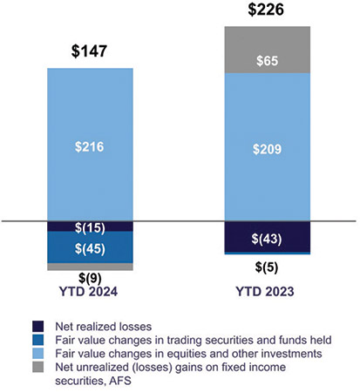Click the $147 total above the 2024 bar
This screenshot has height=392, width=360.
[91, 51]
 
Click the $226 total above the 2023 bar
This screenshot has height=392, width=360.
[267, 11]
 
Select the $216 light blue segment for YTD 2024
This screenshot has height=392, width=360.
[91, 145]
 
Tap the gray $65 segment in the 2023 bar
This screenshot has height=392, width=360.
[267, 61]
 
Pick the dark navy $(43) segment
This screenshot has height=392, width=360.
[267, 237]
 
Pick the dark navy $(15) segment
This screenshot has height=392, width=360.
[91, 227]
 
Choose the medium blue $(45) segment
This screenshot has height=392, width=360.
[91, 248]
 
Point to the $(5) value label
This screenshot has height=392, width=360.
[267, 267]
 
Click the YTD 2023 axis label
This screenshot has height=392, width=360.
[267, 292]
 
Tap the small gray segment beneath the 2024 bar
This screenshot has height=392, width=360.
[91, 267]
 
